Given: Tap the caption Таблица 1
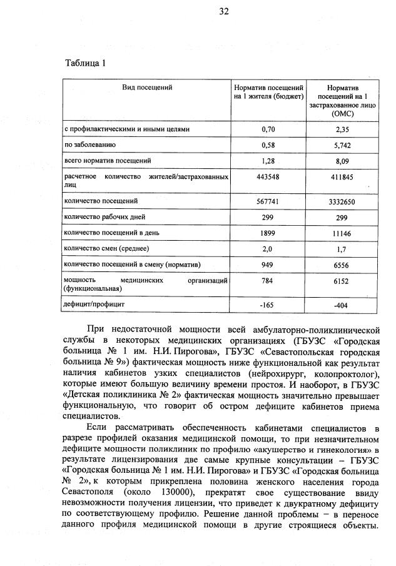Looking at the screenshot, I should (86, 63).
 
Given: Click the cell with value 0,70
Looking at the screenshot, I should (268, 129).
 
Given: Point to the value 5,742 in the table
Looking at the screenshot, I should (342, 145).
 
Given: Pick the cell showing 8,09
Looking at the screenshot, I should (342, 161).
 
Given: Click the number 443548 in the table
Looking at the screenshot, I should (268, 177).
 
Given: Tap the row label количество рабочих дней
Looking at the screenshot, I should (104, 216).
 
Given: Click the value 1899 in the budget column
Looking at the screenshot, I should (268, 232).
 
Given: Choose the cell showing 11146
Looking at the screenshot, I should (342, 232).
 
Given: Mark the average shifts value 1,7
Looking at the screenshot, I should (342, 248).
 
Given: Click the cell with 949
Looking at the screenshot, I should (268, 264).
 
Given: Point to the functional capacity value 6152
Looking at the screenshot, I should (342, 281).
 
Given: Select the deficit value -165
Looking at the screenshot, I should (268, 305).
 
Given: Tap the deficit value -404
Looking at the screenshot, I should (342, 305).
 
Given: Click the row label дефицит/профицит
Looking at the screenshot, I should (94, 305).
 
